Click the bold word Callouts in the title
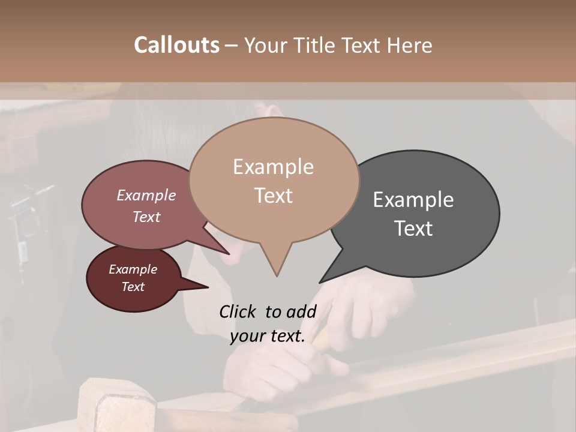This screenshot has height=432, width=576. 176,45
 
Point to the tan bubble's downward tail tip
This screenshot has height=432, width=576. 277,275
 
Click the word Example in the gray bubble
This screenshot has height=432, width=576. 413,200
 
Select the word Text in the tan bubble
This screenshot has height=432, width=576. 274,196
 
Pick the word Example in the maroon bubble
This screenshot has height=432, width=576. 133,269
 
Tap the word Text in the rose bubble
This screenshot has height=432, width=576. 146,217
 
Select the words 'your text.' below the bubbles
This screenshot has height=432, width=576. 268,337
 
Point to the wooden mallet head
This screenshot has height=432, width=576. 117,408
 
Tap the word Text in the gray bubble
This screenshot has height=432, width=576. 413,229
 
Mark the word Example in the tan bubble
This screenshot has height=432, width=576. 274,167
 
